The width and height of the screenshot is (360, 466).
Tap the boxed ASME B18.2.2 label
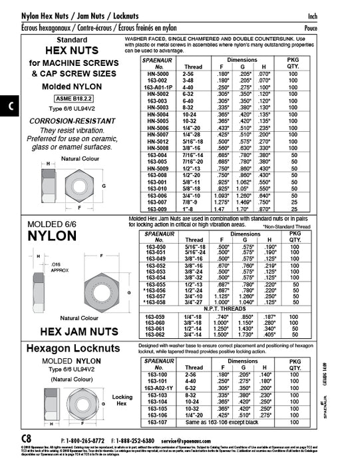coord(63,98)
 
